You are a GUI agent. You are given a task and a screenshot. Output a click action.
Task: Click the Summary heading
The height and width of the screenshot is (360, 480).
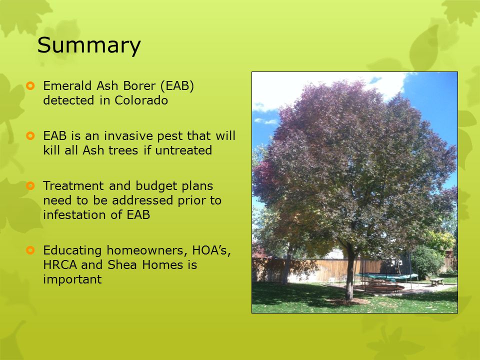(89, 45)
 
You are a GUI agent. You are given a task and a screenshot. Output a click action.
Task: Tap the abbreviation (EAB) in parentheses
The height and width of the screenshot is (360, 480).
(177, 86)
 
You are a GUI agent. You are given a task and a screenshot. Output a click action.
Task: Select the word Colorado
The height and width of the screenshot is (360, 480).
(141, 100)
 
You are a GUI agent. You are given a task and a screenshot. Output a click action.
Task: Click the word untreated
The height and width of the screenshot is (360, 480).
(183, 150)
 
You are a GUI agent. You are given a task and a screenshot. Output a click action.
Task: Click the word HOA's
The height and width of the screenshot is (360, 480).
(211, 250)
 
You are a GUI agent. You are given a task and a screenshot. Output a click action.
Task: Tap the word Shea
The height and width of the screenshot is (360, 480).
(121, 264)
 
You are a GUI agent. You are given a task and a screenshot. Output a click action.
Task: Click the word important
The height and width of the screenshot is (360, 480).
(72, 279)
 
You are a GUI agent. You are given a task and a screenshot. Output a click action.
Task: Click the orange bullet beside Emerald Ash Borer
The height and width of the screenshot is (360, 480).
(30, 85)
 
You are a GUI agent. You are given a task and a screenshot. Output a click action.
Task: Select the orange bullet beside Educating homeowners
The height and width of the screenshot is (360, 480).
(30, 250)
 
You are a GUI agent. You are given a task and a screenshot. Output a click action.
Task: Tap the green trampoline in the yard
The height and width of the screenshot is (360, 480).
(386, 276)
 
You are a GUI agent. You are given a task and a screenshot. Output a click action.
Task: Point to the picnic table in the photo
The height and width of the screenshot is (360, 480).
(437, 281)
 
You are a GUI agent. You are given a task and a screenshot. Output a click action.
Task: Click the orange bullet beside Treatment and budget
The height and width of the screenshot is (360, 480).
(30, 185)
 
